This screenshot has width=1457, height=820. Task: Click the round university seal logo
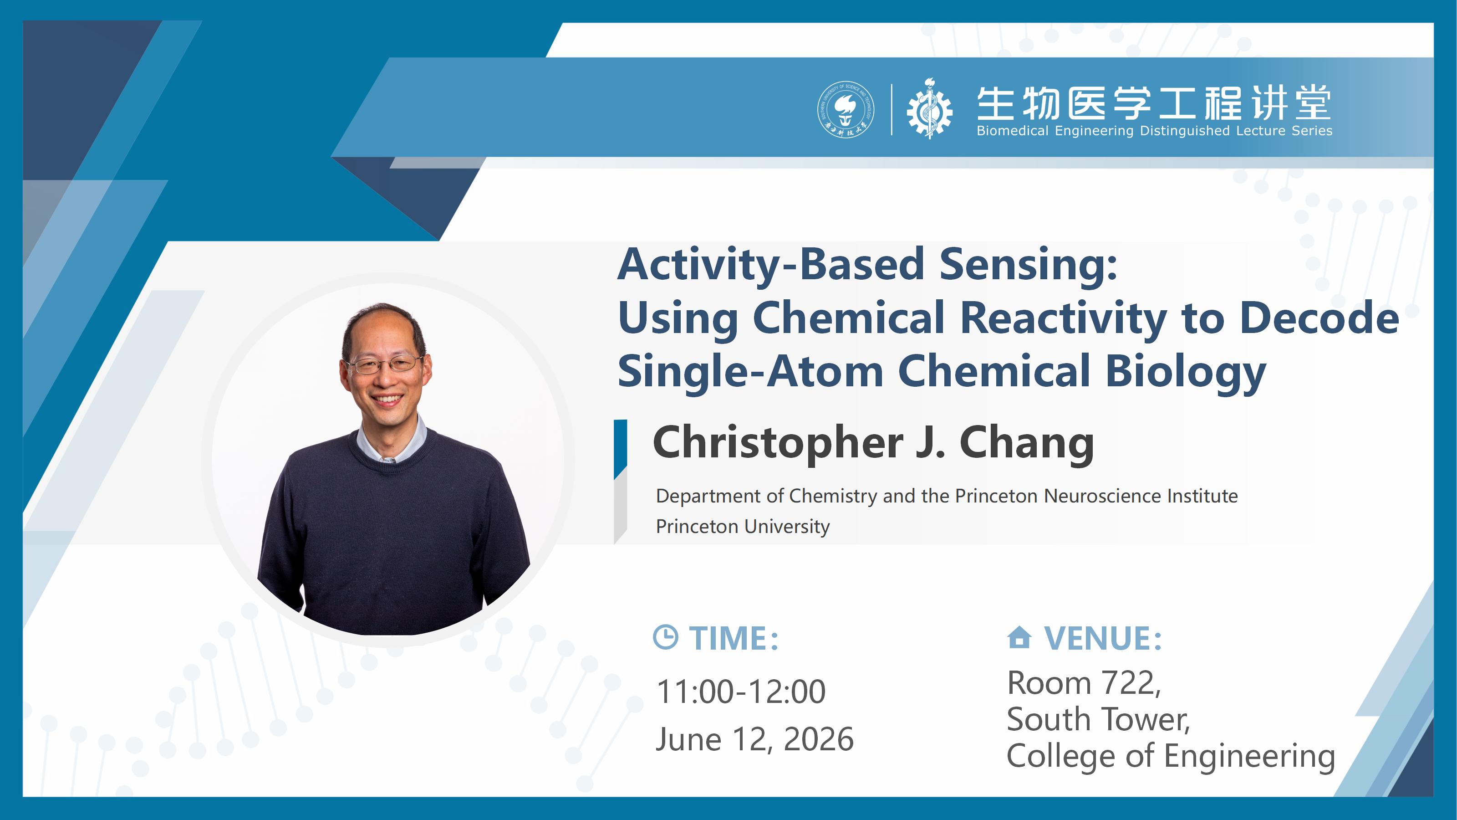pos(845,109)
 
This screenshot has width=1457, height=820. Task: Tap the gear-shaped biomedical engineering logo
pos(929,109)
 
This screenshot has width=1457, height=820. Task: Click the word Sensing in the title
pos(1028,264)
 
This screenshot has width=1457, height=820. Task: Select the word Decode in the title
pos(1319,318)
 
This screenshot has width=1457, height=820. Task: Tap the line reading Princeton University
pos(743,526)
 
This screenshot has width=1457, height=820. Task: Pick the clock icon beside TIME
pos(665,637)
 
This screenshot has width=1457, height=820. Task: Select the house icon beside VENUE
pos(1019,637)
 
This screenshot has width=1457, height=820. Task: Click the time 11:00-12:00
pos(741,692)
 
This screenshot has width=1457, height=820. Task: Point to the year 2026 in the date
pos(819,739)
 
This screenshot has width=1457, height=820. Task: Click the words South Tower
pos(1098,719)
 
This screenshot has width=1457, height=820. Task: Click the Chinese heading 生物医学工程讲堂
pos(1154,103)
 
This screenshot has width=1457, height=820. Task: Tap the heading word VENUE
pos(1103,638)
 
